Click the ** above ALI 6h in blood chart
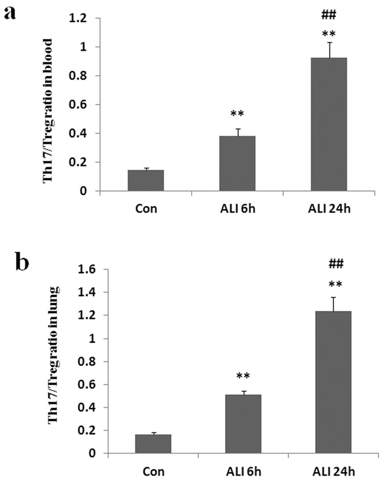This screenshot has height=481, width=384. tap(237, 114)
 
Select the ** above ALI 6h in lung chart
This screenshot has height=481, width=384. tap(243, 376)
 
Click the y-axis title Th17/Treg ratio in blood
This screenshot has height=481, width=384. tap(48, 111)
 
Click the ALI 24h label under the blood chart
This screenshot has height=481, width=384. tap(328, 208)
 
